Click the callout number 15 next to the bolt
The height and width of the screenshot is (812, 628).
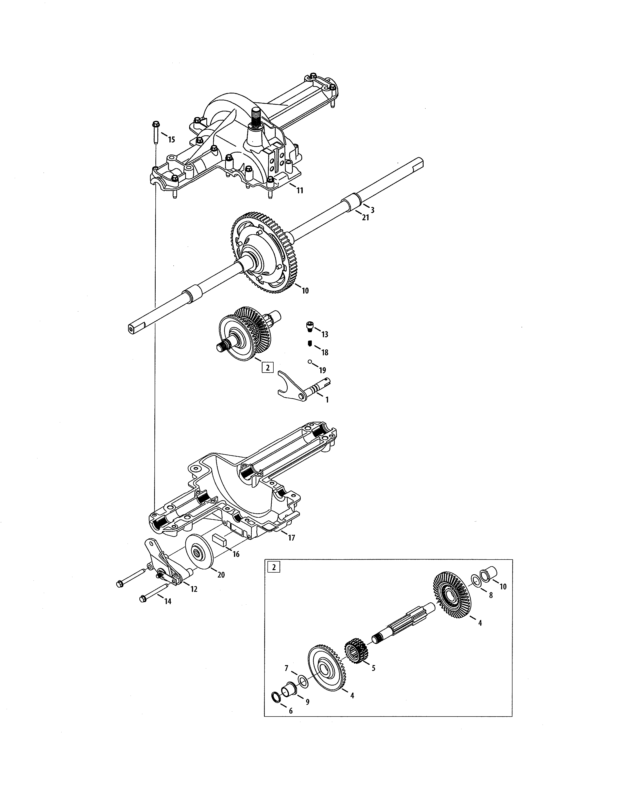tap(171, 140)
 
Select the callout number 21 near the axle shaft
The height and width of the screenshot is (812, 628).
tap(365, 218)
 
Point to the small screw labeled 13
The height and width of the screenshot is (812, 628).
tap(309, 326)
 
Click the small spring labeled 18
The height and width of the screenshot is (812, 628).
tap(309, 343)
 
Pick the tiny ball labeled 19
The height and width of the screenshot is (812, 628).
tap(309, 361)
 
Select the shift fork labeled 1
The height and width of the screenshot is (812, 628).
tap(298, 390)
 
